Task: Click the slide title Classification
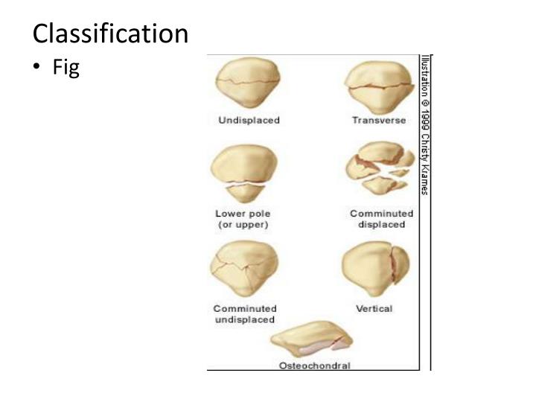click(110, 33)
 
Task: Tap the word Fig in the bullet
click(66, 68)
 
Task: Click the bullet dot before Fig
click(36, 69)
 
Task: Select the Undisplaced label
click(249, 121)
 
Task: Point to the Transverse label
click(379, 121)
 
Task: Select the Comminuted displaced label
click(381, 219)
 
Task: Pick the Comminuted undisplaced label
click(245, 313)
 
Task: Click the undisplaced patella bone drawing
click(243, 85)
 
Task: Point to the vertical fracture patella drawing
click(375, 270)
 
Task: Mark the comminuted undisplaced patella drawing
click(245, 271)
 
